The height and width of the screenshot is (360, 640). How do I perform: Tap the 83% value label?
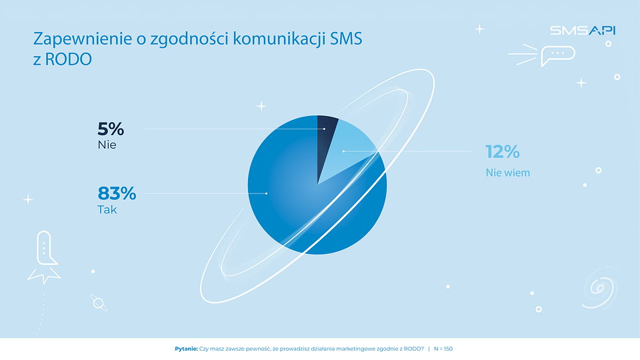[117, 193]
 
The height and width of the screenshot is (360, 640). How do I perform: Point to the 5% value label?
[111, 129]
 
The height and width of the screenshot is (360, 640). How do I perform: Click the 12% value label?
[503, 152]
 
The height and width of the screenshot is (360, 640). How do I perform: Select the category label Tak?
[107, 210]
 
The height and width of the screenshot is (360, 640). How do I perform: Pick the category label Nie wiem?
[508, 173]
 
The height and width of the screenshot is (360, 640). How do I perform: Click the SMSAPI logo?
[583, 30]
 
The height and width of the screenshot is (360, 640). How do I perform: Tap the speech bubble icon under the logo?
[557, 55]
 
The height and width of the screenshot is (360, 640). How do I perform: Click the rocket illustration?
[44, 257]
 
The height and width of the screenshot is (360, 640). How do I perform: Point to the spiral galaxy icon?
[599, 288]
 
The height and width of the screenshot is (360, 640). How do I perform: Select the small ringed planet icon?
[99, 303]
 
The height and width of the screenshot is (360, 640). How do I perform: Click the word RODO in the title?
[68, 59]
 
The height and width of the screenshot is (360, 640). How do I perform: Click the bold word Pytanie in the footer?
[186, 349]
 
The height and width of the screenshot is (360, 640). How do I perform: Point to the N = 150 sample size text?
[443, 349]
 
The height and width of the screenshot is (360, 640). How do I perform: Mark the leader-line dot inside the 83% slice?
[267, 193]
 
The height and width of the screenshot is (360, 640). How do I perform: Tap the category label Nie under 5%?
[107, 145]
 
